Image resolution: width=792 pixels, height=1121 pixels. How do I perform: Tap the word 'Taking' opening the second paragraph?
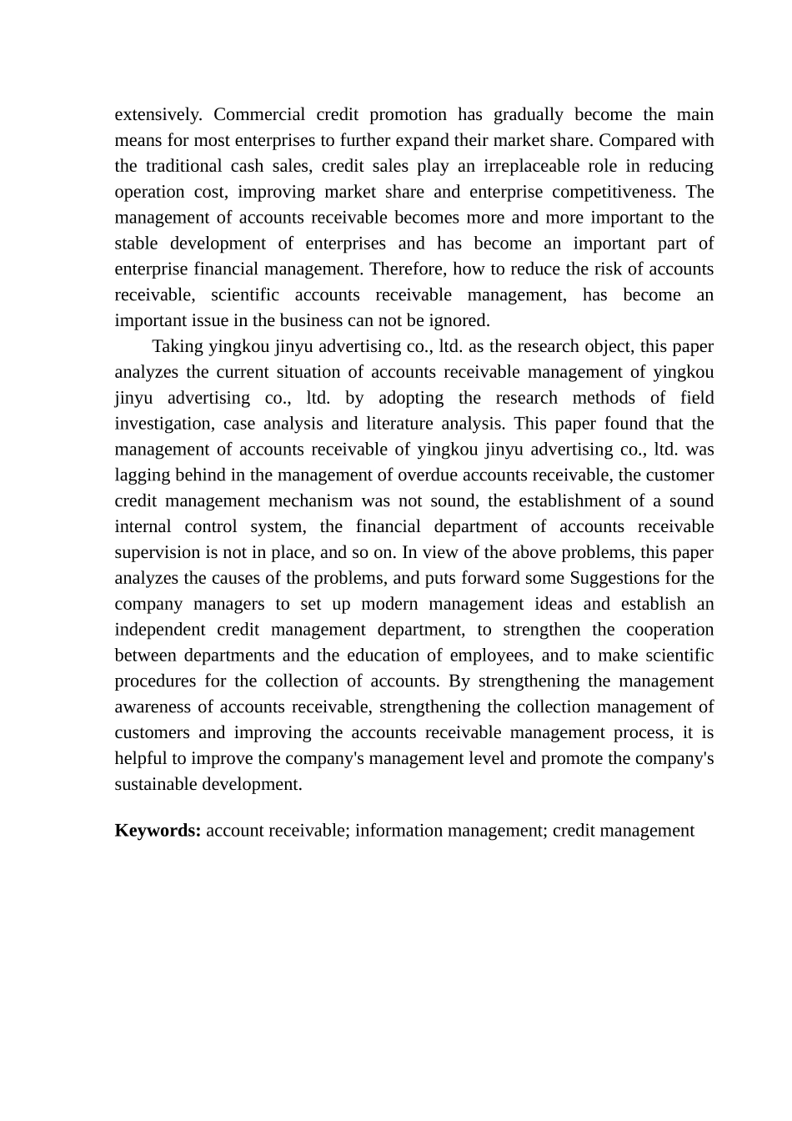pyautogui.click(x=178, y=346)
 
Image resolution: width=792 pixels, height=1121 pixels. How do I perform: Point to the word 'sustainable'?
pyautogui.click(x=157, y=785)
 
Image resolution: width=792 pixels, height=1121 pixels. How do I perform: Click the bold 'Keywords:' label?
pyautogui.click(x=158, y=831)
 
